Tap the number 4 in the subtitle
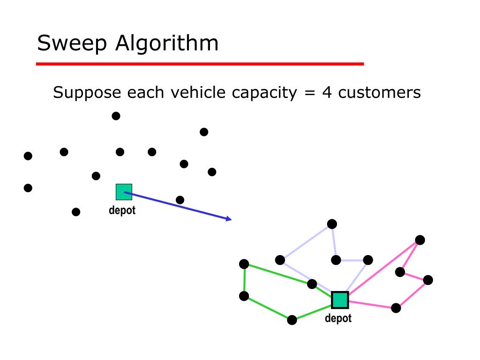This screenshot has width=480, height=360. [326, 92]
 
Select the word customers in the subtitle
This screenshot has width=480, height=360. [380, 92]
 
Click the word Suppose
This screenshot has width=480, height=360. [87, 93]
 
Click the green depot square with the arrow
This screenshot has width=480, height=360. [124, 192]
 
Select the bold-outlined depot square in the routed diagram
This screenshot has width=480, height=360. [340, 300]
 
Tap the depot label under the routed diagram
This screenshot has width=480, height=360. [338, 319]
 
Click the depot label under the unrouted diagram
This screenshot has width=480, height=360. [122, 211]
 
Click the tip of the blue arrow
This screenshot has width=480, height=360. [231, 220]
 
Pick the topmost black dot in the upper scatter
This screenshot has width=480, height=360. [116, 116]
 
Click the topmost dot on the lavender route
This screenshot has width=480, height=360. [332, 224]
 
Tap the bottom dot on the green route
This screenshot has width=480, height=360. [292, 320]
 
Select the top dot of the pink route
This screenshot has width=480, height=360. [420, 240]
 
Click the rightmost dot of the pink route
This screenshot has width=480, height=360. [428, 280]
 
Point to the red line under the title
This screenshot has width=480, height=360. [200, 64]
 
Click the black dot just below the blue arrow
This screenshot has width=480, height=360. [180, 200]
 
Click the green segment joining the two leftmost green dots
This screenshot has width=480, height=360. [244, 280]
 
